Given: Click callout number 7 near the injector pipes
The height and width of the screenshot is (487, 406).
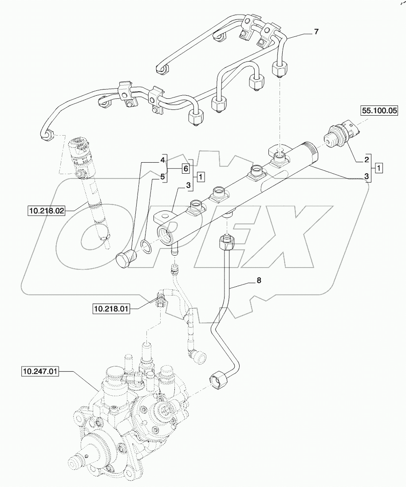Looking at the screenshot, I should coord(316,32).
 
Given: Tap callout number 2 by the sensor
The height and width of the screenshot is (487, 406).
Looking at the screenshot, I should coord(367,159).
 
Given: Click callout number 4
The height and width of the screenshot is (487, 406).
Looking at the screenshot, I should coord(163,159).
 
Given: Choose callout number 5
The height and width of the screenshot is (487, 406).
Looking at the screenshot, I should coord(163,177).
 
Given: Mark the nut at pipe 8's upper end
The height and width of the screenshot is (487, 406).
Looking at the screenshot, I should coord(226,242).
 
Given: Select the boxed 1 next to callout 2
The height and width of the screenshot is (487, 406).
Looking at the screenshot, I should coord(378,168).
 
